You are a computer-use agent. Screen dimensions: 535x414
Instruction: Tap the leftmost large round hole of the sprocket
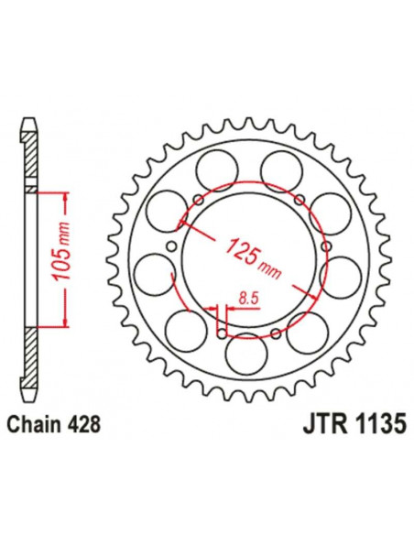coord(152,273)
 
